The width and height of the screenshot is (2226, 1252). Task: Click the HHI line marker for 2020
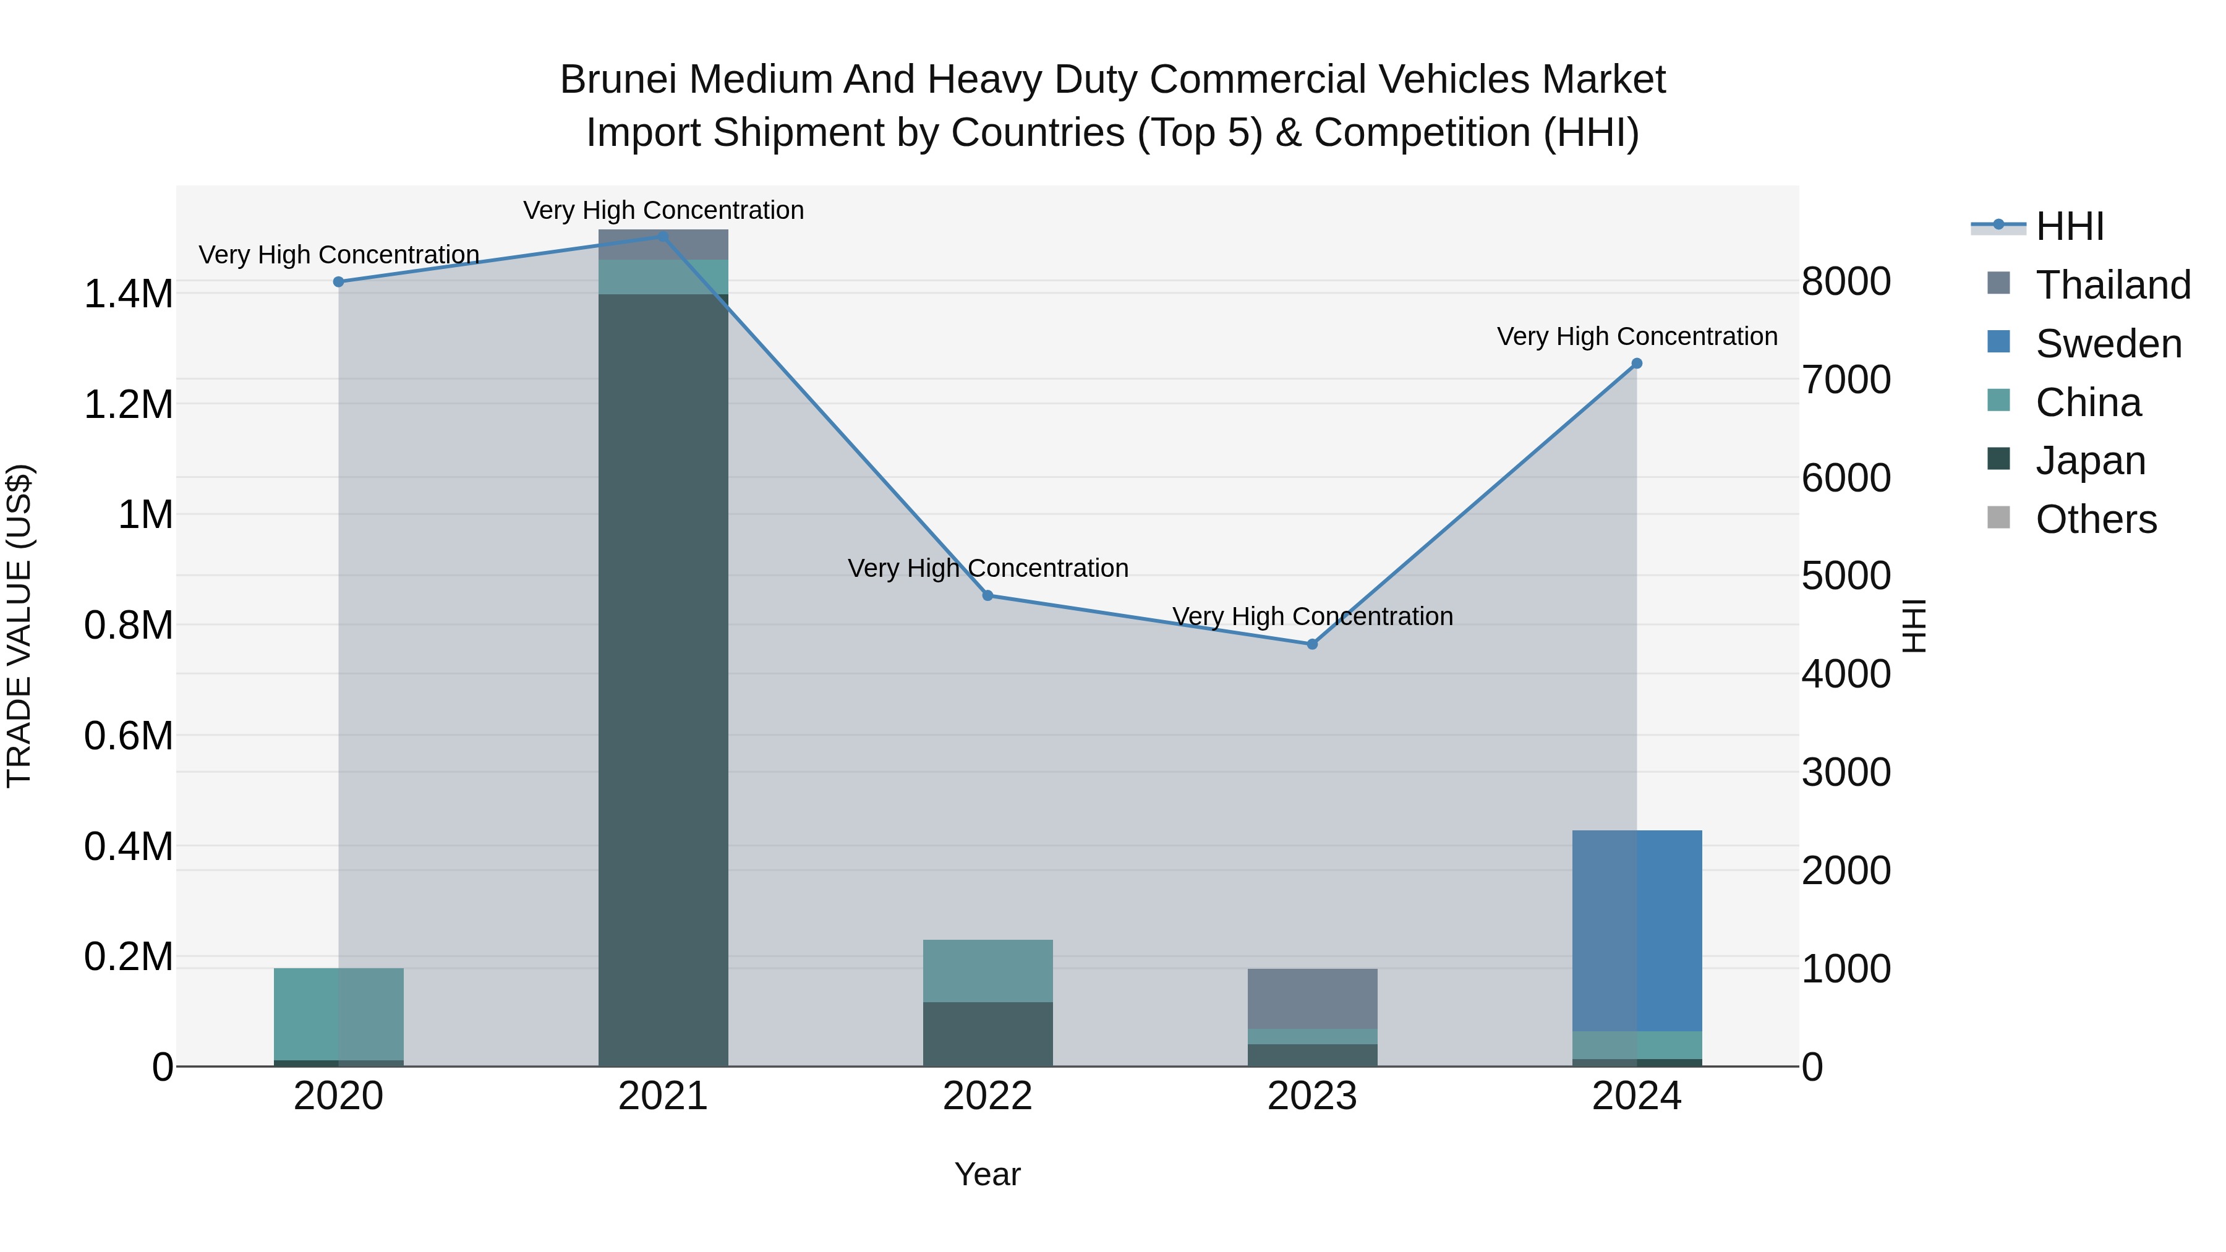tap(339, 282)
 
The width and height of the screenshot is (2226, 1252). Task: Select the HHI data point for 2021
tap(663, 237)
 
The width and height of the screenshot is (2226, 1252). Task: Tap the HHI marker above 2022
tap(987, 595)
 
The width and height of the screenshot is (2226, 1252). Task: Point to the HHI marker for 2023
tap(1311, 644)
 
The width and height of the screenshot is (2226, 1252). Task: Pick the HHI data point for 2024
tap(1637, 364)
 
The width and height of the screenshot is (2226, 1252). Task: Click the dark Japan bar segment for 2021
tap(663, 683)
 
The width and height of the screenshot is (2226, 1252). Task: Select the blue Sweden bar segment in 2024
tap(1637, 930)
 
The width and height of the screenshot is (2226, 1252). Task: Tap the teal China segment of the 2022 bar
tap(987, 970)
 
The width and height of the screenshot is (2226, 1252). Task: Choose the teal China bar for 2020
tap(339, 1013)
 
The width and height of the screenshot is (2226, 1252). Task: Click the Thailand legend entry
tap(2113, 285)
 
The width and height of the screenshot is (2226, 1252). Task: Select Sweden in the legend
tap(2109, 344)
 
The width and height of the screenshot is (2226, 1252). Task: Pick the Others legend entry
tap(2096, 519)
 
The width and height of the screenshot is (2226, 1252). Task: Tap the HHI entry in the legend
tap(2070, 226)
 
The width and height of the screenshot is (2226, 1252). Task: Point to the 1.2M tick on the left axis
tap(128, 404)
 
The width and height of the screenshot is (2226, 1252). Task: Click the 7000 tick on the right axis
tap(1846, 380)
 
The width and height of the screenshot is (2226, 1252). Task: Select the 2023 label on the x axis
tap(1311, 1096)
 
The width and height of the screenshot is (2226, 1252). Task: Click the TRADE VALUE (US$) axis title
tap(20, 626)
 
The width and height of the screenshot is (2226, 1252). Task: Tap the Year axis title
tap(987, 1174)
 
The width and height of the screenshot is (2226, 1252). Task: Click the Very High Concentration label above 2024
tap(1637, 336)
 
